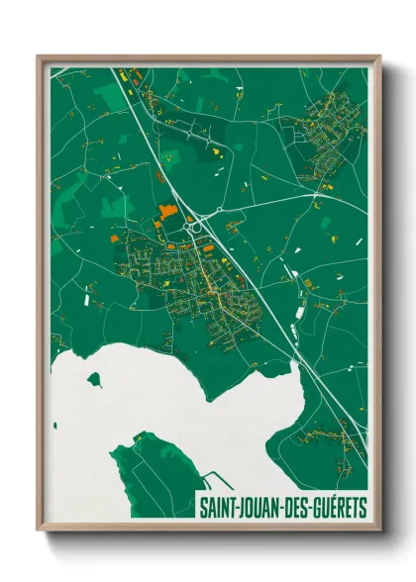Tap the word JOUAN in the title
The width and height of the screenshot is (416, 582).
(259, 508)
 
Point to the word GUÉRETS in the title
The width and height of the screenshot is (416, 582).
(339, 508)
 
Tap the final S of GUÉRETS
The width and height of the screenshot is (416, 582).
(363, 508)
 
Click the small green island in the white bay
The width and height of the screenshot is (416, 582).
(94, 378)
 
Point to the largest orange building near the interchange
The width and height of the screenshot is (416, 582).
(165, 211)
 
